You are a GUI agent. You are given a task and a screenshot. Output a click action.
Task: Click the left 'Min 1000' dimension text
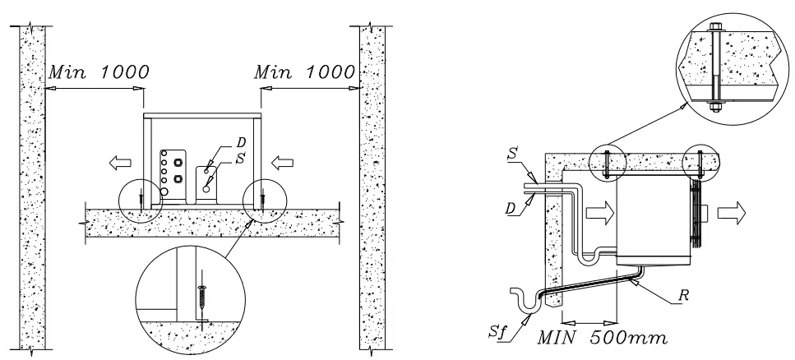tap(98, 71)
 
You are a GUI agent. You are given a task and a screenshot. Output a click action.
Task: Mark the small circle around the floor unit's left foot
tap(141, 200)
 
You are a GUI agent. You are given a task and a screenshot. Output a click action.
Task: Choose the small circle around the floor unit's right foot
tap(264, 200)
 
